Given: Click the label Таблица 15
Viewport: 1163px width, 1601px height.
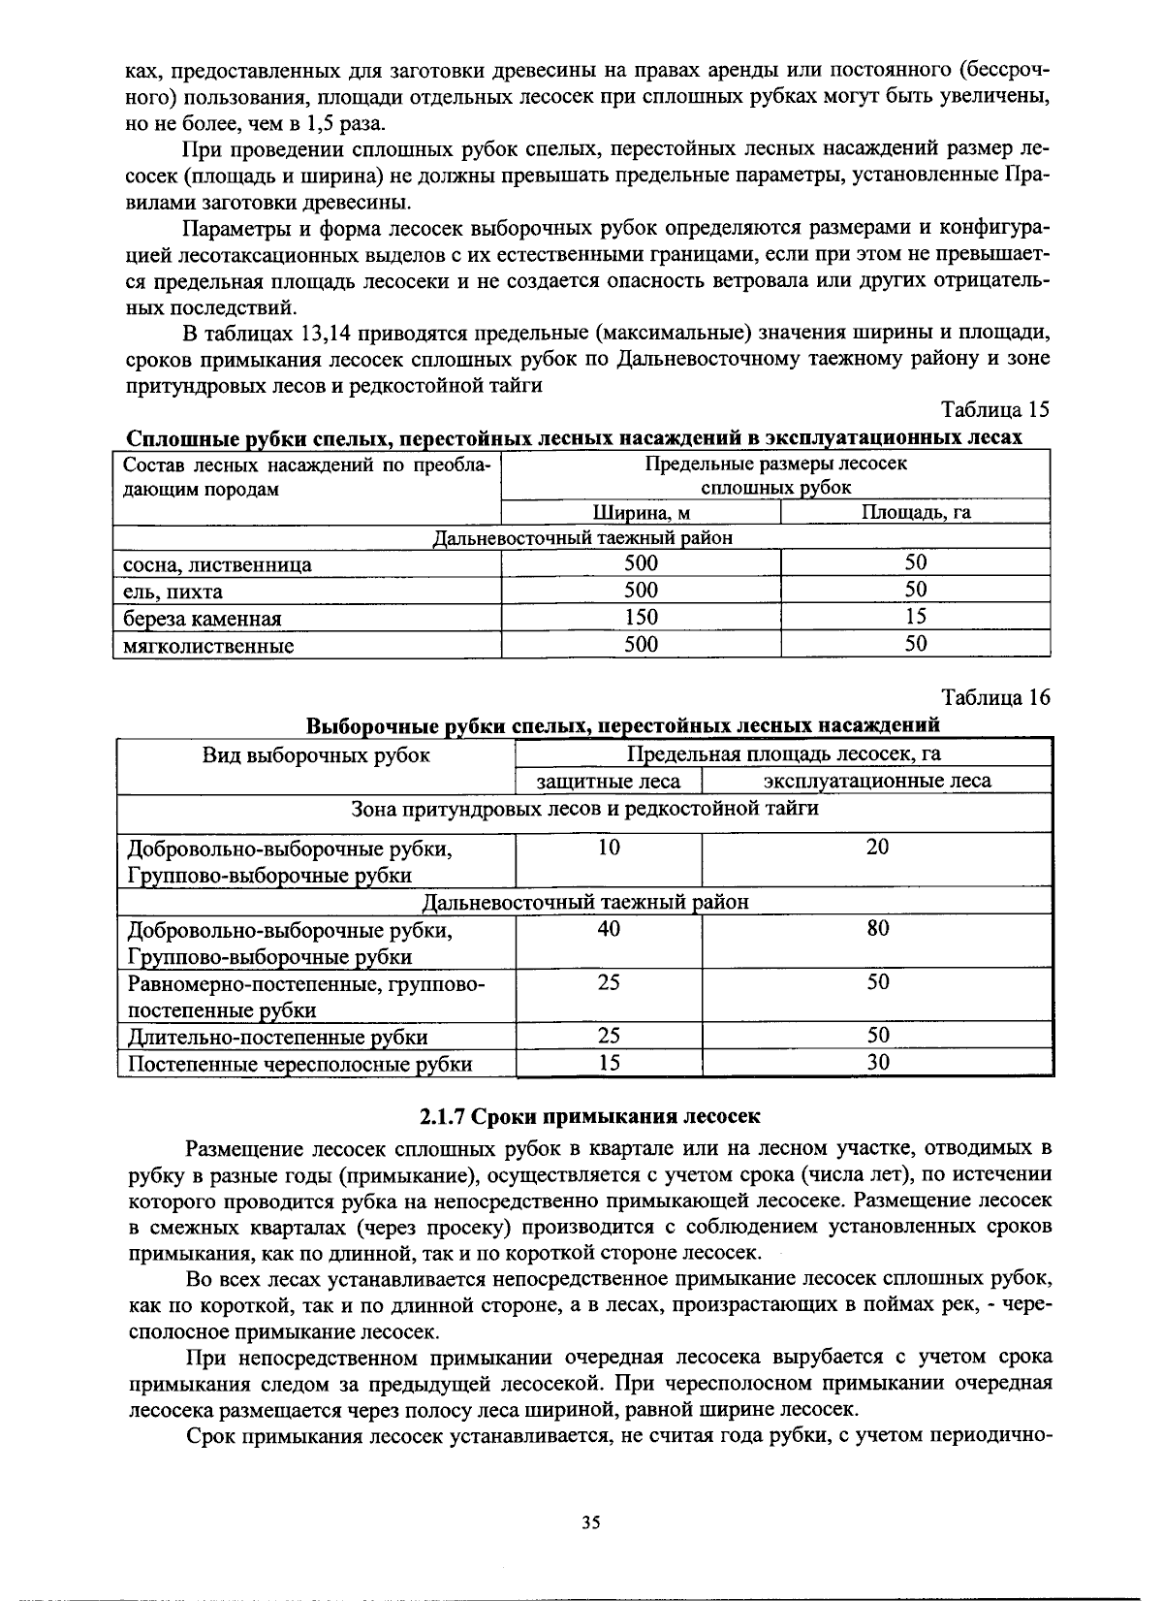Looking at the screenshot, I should click(995, 409).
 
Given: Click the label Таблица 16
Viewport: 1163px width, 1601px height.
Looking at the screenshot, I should click(995, 697).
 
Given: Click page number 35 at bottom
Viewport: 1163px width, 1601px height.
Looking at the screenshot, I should click(591, 1522).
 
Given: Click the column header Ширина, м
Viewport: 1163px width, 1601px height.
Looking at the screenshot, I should click(641, 512).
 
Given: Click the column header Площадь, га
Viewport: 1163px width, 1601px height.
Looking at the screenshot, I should click(916, 512).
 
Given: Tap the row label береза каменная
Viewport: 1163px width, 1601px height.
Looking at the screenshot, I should click(203, 619).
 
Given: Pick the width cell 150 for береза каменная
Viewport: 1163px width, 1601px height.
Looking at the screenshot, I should click(641, 617).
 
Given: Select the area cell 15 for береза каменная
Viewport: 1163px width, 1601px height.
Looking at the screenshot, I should click(916, 617).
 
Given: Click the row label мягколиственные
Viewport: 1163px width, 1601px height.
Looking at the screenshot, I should click(208, 646).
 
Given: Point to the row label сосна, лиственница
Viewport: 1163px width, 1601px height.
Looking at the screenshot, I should click(217, 564).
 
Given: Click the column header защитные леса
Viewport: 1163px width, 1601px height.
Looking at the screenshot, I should click(609, 781).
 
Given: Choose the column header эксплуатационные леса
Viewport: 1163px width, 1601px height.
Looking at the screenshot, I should click(877, 781).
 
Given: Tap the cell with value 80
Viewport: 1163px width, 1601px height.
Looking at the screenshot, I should click(877, 929).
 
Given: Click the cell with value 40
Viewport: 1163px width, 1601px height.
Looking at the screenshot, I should click(609, 929).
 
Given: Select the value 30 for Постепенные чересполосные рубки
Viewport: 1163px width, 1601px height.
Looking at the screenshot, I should click(877, 1063).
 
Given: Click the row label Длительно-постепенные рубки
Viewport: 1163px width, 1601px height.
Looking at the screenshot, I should click(278, 1037).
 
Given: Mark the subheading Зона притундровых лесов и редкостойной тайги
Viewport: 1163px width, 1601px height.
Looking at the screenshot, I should click(584, 808).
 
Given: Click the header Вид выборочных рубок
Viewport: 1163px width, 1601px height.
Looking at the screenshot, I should click(316, 755).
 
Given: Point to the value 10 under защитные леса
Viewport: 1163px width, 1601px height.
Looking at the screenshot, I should click(609, 848).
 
